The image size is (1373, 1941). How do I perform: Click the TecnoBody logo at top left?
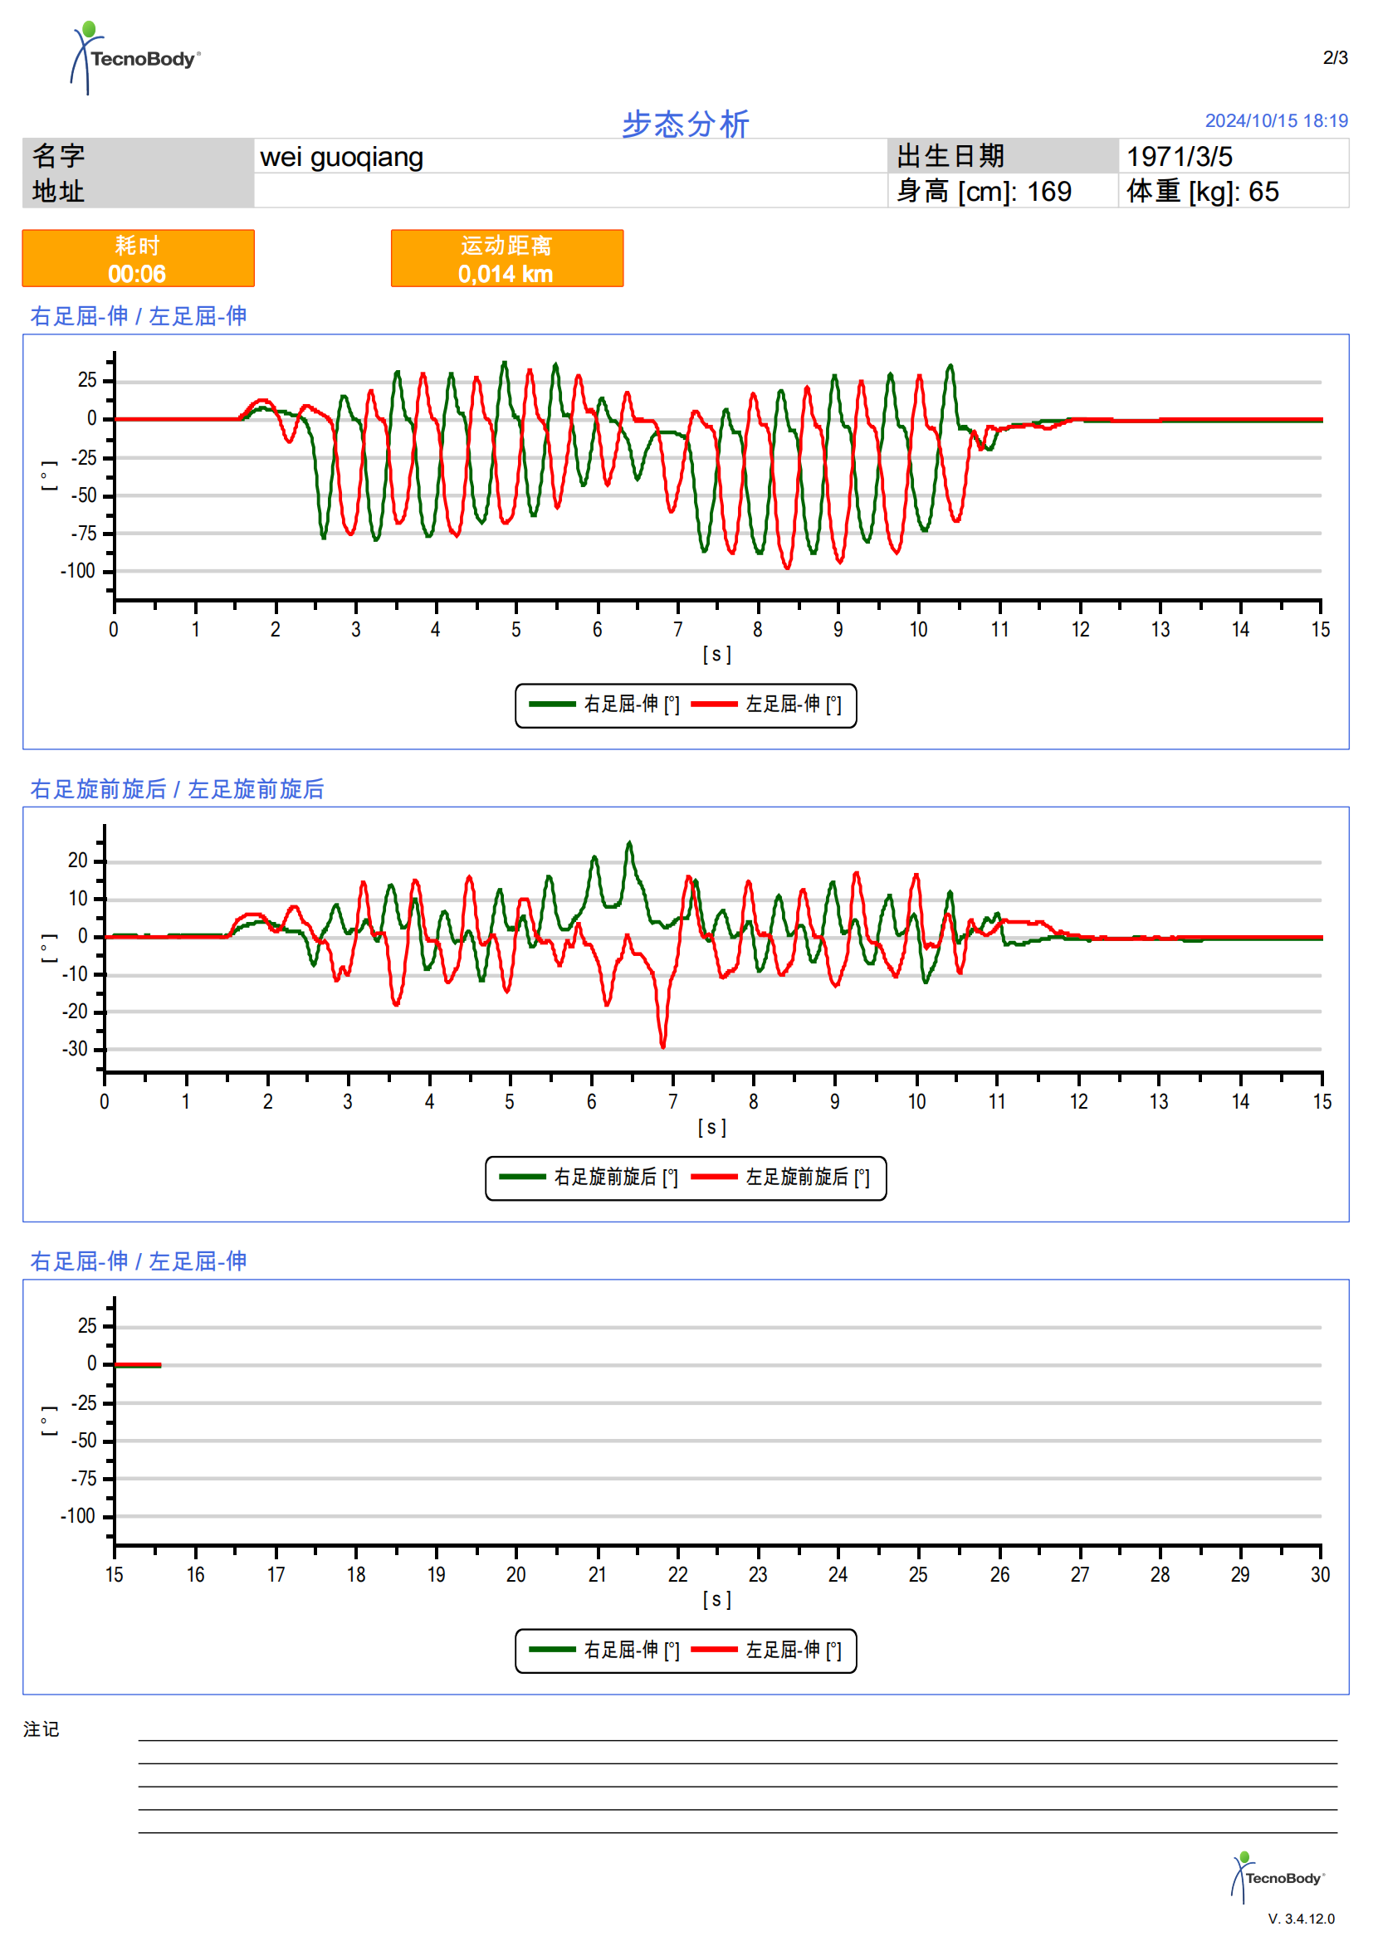[135, 57]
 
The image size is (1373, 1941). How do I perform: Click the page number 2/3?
[1335, 57]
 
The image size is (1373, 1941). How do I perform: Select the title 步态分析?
[686, 124]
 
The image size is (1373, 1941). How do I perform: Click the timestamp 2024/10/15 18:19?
[1276, 121]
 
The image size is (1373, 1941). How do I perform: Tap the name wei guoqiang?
[341, 157]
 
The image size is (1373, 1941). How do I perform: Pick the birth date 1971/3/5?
[1180, 156]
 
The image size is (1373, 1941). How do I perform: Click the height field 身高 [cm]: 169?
[985, 192]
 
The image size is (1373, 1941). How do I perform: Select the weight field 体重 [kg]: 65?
[1202, 192]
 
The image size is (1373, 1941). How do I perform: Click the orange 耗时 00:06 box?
[138, 259]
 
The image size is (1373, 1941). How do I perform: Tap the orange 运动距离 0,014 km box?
[506, 259]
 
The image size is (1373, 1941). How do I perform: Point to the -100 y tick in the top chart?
[78, 572]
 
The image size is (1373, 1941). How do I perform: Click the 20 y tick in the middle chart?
[78, 861]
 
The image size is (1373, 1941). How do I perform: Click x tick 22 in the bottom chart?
[678, 1575]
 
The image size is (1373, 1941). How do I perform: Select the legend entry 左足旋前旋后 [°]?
[781, 1178]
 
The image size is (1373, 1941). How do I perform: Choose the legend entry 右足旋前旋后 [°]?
[589, 1178]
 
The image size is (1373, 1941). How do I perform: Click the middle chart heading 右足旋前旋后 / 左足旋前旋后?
[178, 789]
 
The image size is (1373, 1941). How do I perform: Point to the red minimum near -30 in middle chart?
[662, 1046]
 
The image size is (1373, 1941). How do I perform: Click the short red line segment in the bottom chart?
[138, 1364]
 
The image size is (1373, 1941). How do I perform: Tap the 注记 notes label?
[41, 1729]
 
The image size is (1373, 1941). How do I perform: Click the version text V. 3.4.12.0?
[1301, 1919]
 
